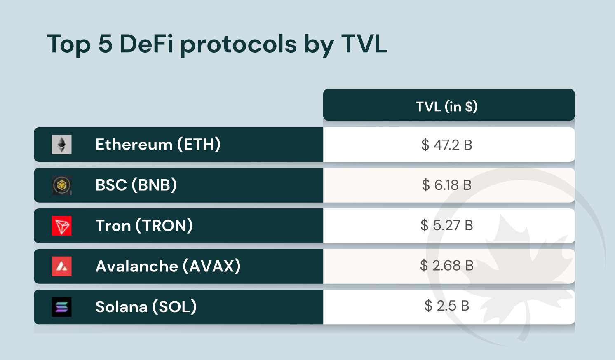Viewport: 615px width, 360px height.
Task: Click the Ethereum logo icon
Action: tap(62, 145)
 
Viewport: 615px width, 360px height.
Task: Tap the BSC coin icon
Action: tap(62, 185)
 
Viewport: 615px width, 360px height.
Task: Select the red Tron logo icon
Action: tap(62, 226)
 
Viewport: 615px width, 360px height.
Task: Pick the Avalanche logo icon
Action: tap(62, 266)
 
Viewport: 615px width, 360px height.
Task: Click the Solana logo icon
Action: tap(62, 307)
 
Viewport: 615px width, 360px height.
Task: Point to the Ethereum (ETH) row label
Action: tap(158, 145)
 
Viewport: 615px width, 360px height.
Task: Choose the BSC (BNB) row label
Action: tap(136, 185)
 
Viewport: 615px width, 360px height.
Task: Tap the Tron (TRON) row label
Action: tap(144, 226)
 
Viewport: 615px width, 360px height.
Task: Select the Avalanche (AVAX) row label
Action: tap(168, 266)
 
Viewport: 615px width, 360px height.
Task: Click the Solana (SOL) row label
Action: tap(146, 307)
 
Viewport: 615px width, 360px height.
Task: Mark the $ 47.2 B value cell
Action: tap(447, 145)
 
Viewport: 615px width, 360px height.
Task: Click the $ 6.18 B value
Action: tap(447, 185)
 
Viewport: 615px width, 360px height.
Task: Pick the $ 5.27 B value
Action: tap(447, 225)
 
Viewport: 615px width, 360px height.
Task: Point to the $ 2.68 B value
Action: tap(447, 266)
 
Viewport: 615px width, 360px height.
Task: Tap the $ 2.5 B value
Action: tap(447, 306)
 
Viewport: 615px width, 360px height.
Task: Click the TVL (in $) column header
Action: tap(447, 107)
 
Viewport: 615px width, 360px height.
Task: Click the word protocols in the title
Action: tap(238, 44)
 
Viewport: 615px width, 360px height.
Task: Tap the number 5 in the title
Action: tap(105, 44)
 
